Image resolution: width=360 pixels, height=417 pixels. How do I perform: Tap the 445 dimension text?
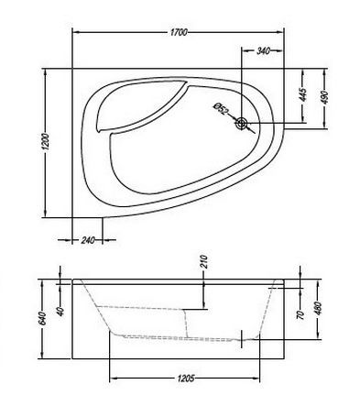click(301, 94)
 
